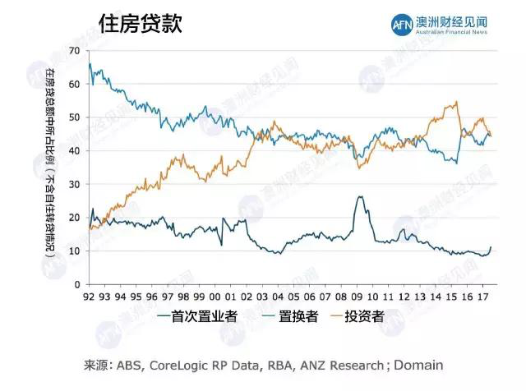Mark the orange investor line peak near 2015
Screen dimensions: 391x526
pyautogui.click(x=456, y=102)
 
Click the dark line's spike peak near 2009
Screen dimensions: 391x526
pyautogui.click(x=360, y=196)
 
